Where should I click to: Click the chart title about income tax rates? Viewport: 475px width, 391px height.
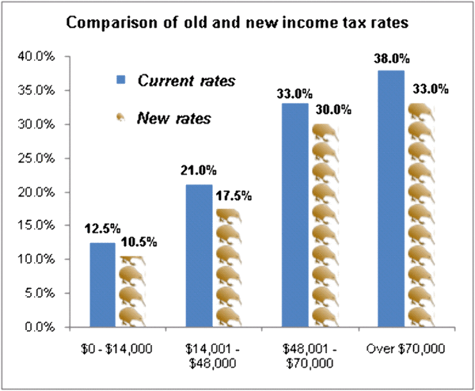(x=237, y=22)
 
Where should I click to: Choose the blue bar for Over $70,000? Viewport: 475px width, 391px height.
(x=391, y=198)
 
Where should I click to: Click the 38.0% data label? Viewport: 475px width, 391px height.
(x=390, y=59)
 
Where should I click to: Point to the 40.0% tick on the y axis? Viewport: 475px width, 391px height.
(x=37, y=57)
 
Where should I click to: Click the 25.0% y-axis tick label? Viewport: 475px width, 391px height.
(x=37, y=158)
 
